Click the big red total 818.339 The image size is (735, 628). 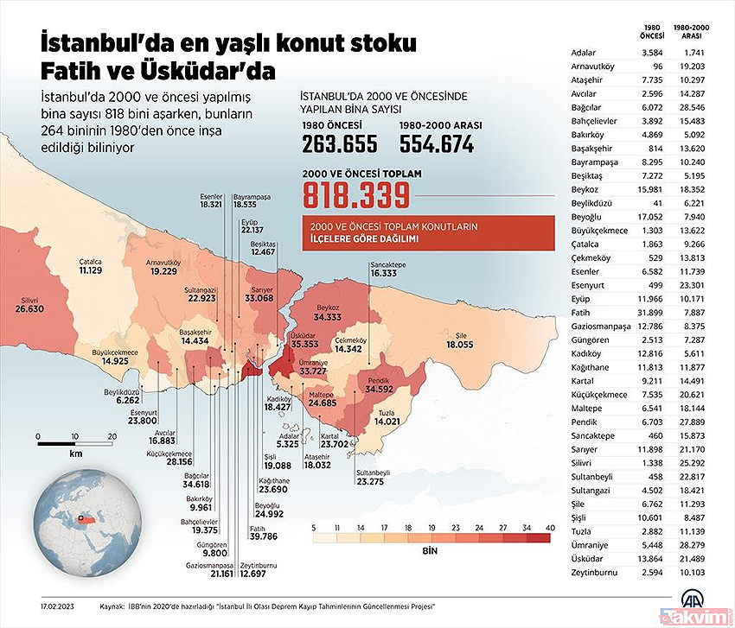(356, 195)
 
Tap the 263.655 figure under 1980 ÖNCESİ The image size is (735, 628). (339, 143)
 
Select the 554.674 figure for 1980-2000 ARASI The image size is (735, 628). (437, 143)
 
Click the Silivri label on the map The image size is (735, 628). (29, 301)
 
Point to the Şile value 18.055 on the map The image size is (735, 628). (460, 345)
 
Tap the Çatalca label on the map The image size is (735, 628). (91, 263)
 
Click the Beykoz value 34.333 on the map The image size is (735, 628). (328, 317)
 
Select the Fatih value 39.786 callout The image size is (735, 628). (264, 536)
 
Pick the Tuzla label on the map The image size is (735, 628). (387, 413)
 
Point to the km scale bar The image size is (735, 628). (75, 443)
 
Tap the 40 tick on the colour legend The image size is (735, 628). (550, 528)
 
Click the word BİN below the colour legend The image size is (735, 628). (430, 551)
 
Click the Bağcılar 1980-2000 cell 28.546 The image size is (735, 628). (692, 108)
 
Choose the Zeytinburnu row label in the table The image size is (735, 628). (594, 572)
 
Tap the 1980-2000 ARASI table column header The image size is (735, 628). (692, 31)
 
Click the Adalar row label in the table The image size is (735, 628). (584, 53)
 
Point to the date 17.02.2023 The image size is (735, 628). (57, 606)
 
